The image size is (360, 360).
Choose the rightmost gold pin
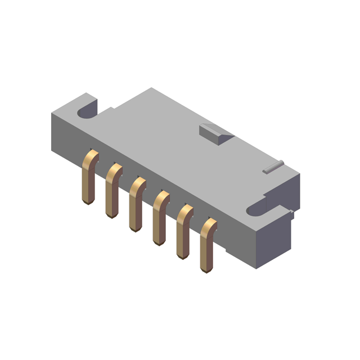click(x=206, y=247)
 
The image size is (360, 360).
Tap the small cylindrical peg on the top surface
click(x=273, y=166)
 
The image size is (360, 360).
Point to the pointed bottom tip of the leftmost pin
click(x=87, y=203)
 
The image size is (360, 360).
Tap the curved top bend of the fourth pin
click(x=162, y=196)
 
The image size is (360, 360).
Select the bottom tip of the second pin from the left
click(x=110, y=217)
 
